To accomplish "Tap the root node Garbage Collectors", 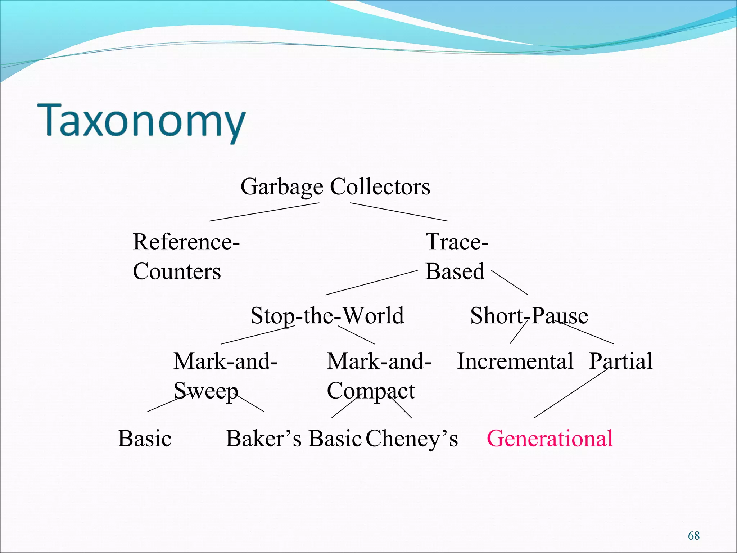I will tap(335, 186).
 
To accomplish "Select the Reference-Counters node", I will tap(186, 256).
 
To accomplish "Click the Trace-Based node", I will tap(456, 256).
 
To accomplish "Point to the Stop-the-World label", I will tap(327, 315).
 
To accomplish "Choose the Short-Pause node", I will tap(529, 315).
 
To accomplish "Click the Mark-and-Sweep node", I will tap(225, 376).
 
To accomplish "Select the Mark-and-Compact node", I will tap(379, 376).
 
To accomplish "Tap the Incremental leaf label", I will tap(515, 361).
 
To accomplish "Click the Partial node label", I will tap(621, 361).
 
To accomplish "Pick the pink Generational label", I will tap(550, 439).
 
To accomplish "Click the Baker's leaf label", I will tap(263, 439).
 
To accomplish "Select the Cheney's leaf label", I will tap(412, 439).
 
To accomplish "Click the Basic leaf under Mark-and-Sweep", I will tap(145, 439).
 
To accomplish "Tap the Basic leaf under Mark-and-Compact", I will tap(335, 439).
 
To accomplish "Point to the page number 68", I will tap(693, 536).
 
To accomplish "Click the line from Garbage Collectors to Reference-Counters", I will tap(264, 212).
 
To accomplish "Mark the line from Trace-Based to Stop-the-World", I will tap(371, 283).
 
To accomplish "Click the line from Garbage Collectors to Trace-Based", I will tap(399, 212).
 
